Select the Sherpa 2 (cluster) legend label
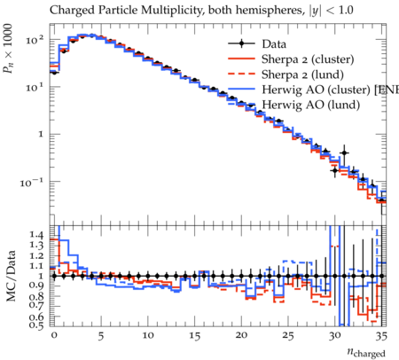coord(308,59)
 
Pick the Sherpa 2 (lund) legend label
coord(302,74)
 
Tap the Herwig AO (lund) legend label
coord(311,105)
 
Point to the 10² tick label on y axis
coord(35,39)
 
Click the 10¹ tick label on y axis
coord(35,87)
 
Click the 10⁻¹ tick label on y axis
coord(32,183)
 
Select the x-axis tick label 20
coord(241,335)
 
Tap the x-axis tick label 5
coord(101,336)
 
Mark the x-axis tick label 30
coord(334,335)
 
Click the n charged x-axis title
coord(366,352)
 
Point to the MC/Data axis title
coord(11,276)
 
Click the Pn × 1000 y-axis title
coord(8,49)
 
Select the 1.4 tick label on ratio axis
coord(36,235)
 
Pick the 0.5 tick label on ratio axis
coord(36,325)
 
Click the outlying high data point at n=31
coord(344,153)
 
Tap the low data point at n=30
coord(334,170)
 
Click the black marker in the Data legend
coord(241,43)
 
